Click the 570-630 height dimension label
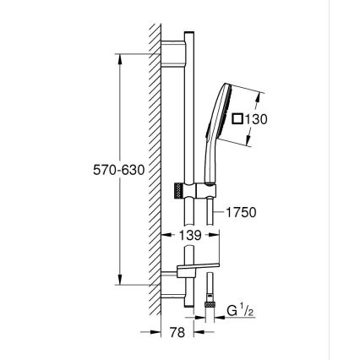(119, 170)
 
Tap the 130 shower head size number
(256, 119)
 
